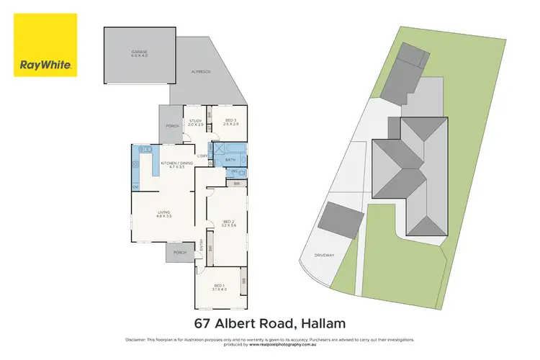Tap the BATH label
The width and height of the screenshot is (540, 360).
(230, 159)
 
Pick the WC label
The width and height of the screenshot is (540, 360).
(235, 172)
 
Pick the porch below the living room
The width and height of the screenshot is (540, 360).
(179, 252)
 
